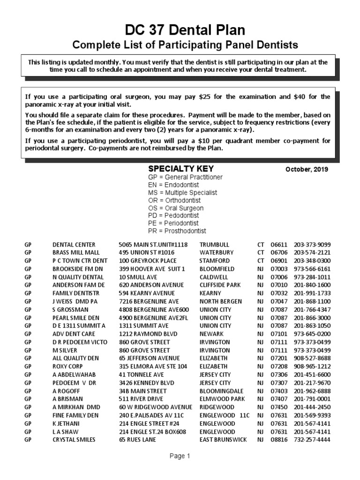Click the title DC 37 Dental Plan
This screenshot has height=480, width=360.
(185, 30)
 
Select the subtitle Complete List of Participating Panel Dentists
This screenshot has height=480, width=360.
(185, 45)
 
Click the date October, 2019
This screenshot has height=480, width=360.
(307, 170)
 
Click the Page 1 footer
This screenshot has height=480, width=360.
(180, 456)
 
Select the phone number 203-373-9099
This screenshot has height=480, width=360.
(312, 245)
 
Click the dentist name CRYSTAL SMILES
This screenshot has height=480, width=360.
(74, 439)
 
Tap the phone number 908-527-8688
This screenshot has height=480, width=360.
(312, 358)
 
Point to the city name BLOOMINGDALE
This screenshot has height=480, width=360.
(220, 390)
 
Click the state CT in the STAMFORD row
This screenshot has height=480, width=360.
(261, 261)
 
